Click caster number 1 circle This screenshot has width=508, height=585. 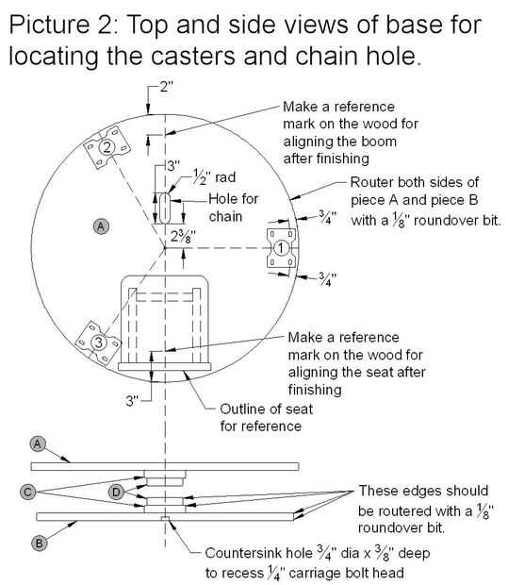[x=281, y=248]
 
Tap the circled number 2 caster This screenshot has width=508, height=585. [x=107, y=147]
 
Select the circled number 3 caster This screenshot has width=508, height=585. [x=99, y=343]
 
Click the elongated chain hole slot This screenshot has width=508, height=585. [x=165, y=209]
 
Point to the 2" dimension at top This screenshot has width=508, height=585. [x=166, y=87]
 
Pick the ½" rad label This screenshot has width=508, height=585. [x=214, y=176]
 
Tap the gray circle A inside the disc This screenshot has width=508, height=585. [x=101, y=226]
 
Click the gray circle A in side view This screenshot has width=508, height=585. [x=38, y=443]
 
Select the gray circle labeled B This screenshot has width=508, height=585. [x=40, y=543]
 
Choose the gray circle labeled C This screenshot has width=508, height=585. [x=27, y=492]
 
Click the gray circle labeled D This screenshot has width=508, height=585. [x=116, y=492]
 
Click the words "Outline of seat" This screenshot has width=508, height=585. [x=266, y=409]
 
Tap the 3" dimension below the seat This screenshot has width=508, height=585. [x=132, y=401]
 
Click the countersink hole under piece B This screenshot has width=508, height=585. [x=165, y=518]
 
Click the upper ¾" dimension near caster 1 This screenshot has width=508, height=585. [x=328, y=217]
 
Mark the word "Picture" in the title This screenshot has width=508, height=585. [x=49, y=25]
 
